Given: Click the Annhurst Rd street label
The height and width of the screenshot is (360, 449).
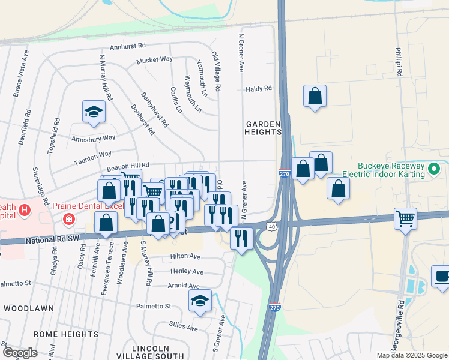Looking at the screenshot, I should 128,46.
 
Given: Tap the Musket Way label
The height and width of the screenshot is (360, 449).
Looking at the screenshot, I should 154,60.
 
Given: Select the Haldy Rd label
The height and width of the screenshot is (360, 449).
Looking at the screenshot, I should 259,89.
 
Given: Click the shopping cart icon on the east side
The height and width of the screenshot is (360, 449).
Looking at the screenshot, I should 406,217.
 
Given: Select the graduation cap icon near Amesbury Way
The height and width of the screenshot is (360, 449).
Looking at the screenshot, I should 93,111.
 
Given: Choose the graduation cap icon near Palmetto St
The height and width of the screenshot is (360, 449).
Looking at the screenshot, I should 200,301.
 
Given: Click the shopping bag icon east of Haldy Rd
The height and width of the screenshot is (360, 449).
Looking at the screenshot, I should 315,95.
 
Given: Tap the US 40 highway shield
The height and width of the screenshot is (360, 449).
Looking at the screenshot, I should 272,226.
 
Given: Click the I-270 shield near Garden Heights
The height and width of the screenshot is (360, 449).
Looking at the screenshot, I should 285,173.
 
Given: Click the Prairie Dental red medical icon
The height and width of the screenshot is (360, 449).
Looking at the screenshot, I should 70,219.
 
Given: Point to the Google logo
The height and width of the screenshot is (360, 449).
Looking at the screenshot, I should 20,353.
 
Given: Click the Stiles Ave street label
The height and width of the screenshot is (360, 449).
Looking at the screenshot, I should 184,328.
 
